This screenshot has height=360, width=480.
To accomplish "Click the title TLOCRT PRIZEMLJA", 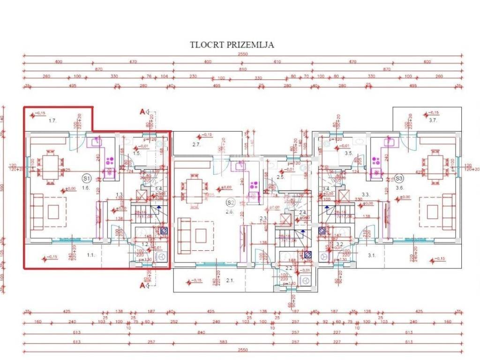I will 232,45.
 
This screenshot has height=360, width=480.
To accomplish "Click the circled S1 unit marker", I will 86,178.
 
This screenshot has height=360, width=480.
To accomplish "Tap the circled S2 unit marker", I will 230,202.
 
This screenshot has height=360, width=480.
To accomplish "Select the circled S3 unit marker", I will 399,178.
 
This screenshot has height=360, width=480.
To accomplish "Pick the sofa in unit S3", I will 448,211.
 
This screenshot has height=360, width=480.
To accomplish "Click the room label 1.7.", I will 52,120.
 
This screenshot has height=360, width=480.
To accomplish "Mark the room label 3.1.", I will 372,255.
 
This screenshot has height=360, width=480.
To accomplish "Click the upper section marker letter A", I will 142,112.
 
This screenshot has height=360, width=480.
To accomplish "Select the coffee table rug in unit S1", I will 52,211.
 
